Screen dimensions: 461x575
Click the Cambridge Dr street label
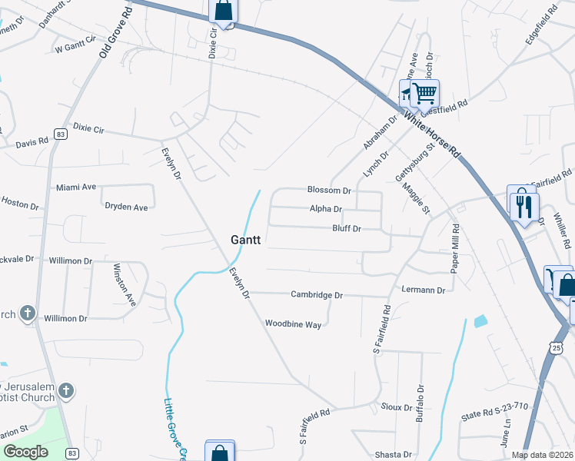pyautogui.click(x=316, y=295)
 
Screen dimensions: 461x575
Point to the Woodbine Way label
pyautogui.click(x=293, y=324)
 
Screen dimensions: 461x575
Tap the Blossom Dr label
pyautogui.click(x=328, y=190)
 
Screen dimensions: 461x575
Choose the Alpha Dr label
pyautogui.click(x=325, y=209)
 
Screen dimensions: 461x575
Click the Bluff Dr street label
pyautogui.click(x=346, y=229)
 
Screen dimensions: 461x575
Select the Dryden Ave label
pyautogui.click(x=126, y=207)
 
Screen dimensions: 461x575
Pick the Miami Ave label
pyautogui.click(x=76, y=187)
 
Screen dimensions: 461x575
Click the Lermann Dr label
pyautogui.click(x=424, y=290)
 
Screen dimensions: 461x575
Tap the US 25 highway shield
pyautogui.click(x=557, y=348)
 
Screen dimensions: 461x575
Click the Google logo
pyautogui.click(x=25, y=452)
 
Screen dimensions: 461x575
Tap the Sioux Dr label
pyautogui.click(x=397, y=406)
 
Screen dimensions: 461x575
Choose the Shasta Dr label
pyautogui.click(x=392, y=455)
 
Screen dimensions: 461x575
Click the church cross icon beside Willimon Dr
pyautogui.click(x=28, y=313)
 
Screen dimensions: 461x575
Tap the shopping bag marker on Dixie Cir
pyautogui.click(x=223, y=11)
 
